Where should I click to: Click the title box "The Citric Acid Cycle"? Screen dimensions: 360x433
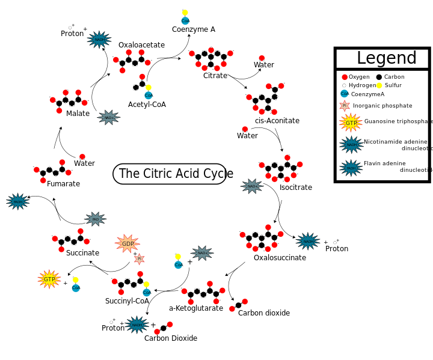click(170, 174)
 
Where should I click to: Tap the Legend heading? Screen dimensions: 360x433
click(386, 58)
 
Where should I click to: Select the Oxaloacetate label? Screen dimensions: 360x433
click(141, 45)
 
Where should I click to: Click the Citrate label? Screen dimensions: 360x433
click(215, 76)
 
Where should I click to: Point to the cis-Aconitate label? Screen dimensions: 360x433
click(277, 121)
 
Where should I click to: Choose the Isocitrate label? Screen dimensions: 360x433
click(295, 188)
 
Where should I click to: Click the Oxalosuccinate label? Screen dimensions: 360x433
click(279, 258)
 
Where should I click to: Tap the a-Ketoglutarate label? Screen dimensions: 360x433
click(195, 308)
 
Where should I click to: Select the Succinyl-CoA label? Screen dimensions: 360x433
click(127, 301)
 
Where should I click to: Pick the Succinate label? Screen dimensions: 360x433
click(82, 253)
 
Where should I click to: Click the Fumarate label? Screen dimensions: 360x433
click(63, 184)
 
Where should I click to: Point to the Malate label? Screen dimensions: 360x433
click(78, 114)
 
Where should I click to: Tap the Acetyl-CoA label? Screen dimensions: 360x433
click(147, 105)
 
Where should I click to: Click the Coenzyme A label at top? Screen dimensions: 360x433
click(193, 29)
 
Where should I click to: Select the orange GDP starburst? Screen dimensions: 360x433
click(127, 243)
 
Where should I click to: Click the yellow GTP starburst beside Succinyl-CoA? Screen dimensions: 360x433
click(49, 279)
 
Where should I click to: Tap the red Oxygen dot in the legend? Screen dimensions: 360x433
click(345, 77)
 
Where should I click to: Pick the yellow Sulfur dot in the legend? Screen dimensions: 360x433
click(379, 86)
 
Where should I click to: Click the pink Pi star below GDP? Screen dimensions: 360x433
click(139, 259)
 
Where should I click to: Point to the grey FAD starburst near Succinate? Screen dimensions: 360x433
click(95, 219)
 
